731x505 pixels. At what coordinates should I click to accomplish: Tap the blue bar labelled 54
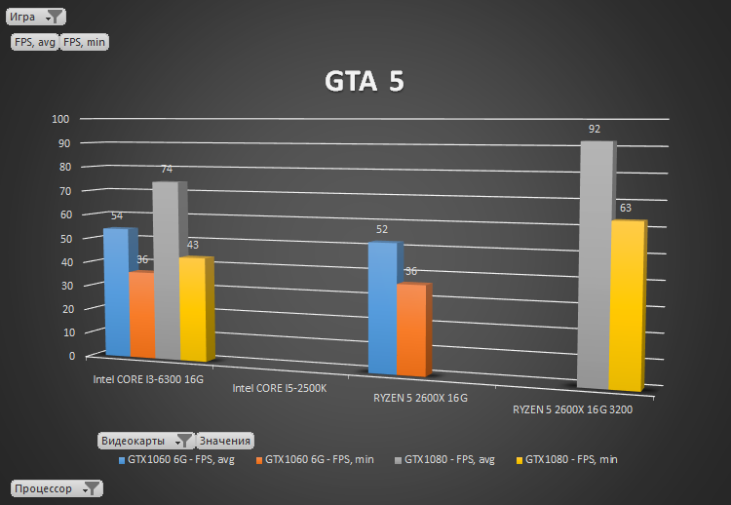click(116, 292)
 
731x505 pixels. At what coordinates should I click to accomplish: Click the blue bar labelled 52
click(382, 308)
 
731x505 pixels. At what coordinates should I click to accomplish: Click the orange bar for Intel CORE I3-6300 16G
click(141, 315)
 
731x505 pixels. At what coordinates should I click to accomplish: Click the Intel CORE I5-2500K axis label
click(280, 388)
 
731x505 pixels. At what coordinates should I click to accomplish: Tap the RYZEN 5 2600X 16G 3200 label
click(572, 409)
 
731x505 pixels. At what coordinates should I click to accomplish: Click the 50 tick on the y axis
click(65, 238)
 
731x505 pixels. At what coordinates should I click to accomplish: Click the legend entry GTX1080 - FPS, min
click(570, 459)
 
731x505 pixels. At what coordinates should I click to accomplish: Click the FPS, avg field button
click(35, 42)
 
